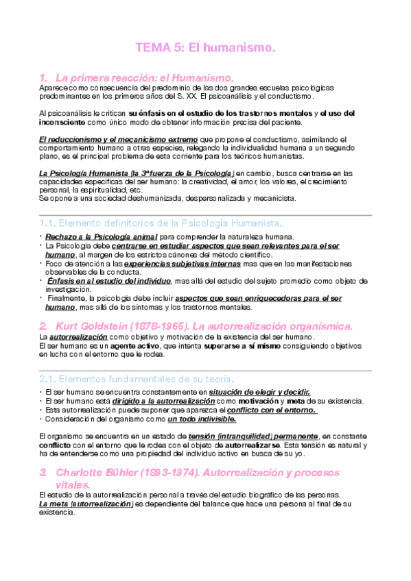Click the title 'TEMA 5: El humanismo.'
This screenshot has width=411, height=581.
(205, 48)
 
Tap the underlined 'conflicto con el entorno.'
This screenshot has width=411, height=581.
(272, 410)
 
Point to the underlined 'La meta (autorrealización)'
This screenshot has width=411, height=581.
(86, 504)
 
